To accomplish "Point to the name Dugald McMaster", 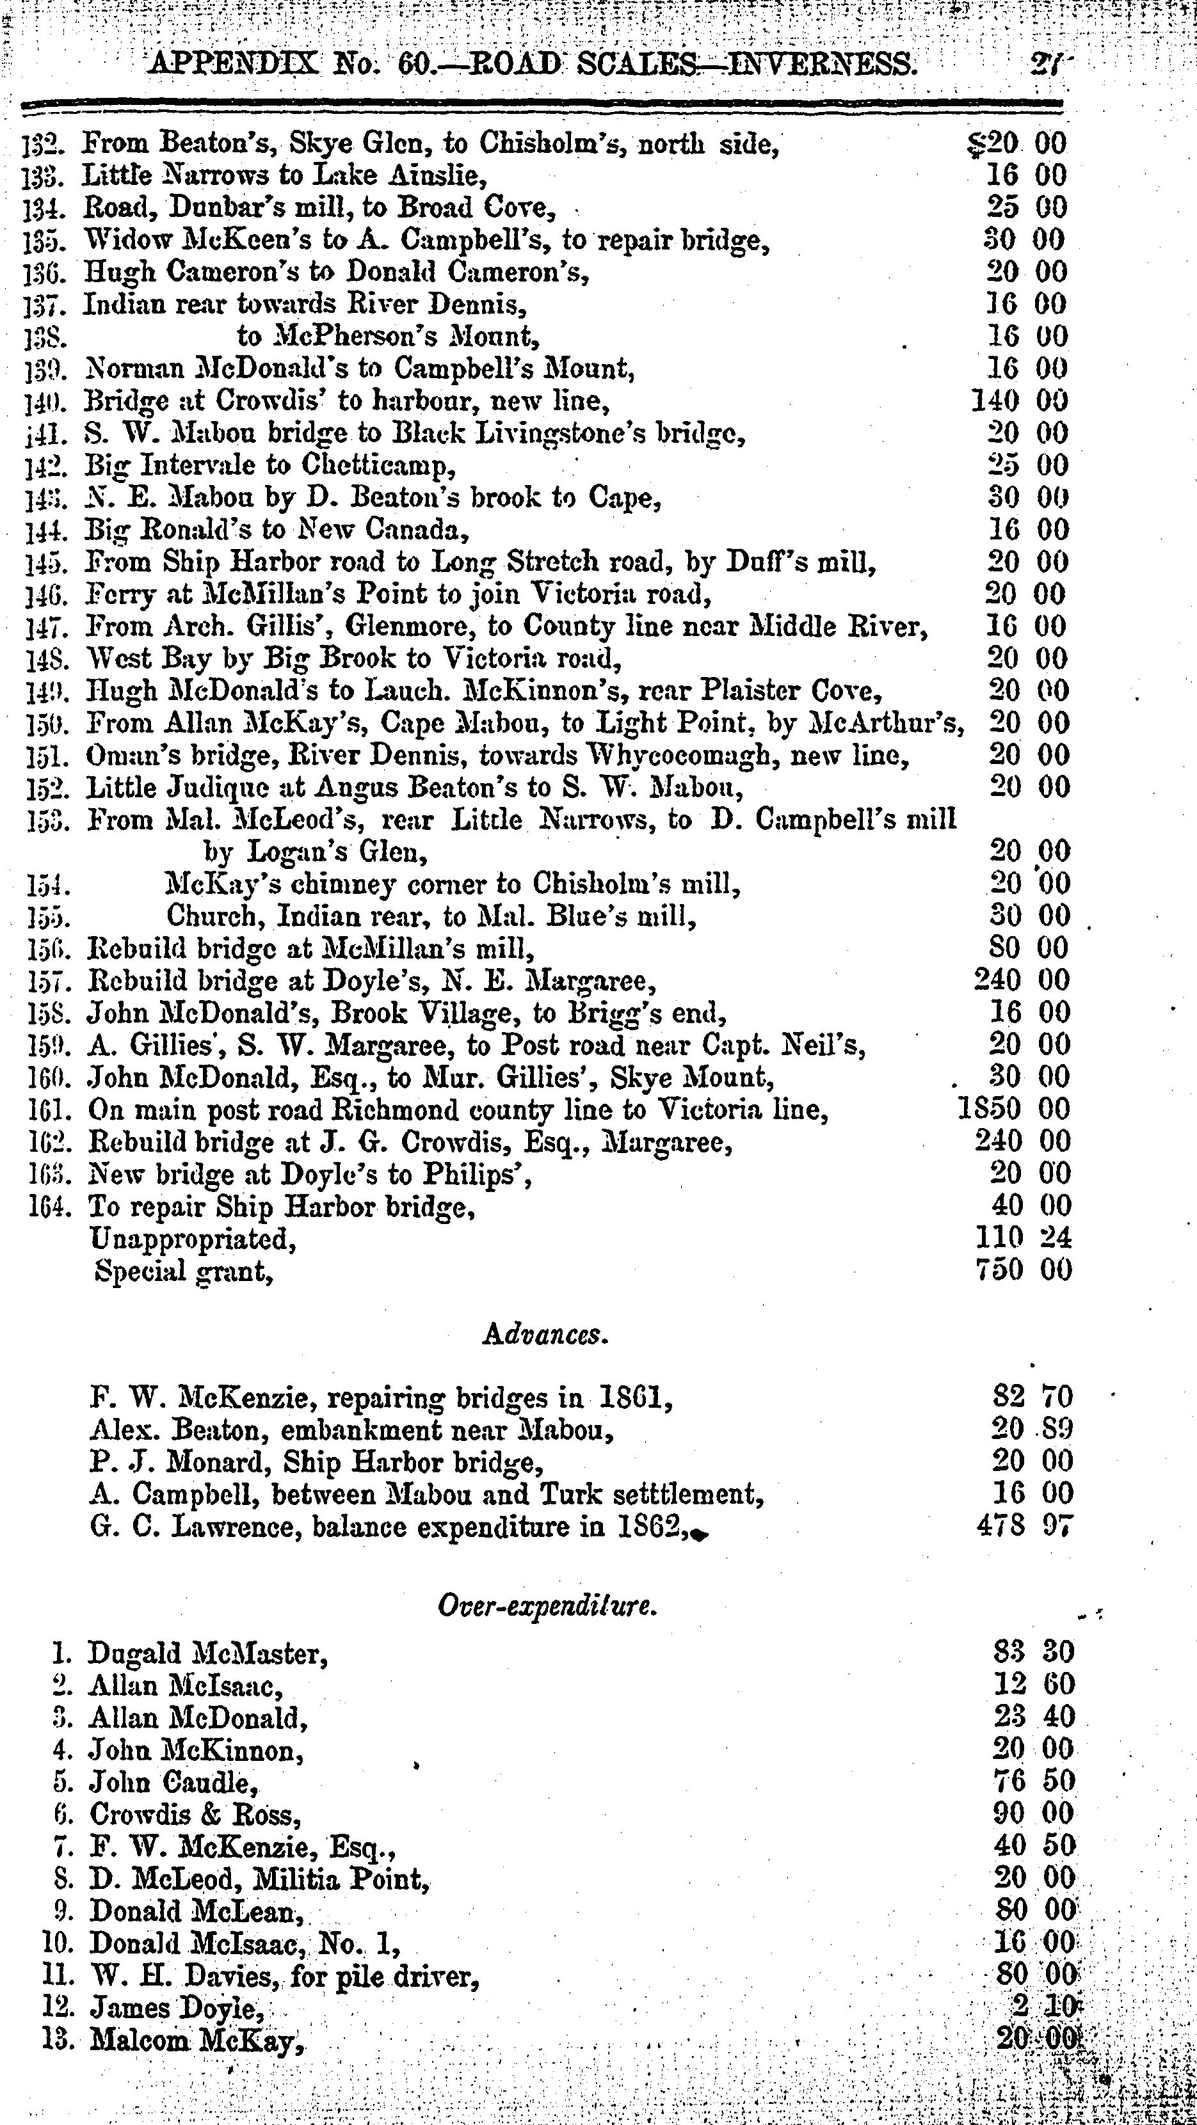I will (x=203, y=1654).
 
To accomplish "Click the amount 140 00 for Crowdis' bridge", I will (x=1020, y=402).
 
